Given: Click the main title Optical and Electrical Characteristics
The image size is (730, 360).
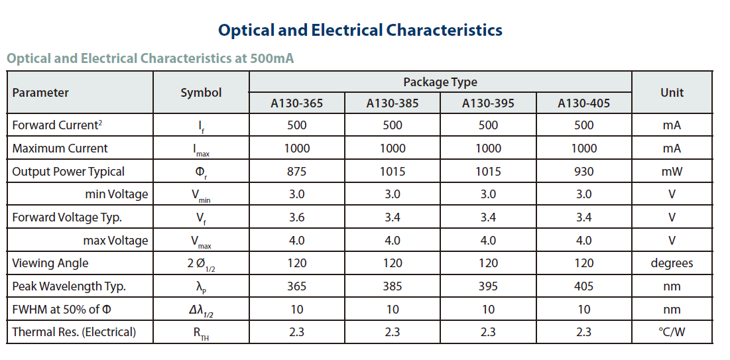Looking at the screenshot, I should pyautogui.click(x=360, y=30).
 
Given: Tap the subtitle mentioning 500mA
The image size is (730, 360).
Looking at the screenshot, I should pyautogui.click(x=150, y=58).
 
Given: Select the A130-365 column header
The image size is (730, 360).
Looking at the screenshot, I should pyautogui.click(x=297, y=103).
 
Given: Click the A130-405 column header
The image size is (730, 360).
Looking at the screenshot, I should pyautogui.click(x=583, y=103).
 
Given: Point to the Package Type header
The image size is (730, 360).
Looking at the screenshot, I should pyautogui.click(x=440, y=82).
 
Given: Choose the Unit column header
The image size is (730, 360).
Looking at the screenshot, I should pyautogui.click(x=672, y=93).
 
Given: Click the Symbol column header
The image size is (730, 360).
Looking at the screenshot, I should pyautogui.click(x=201, y=93).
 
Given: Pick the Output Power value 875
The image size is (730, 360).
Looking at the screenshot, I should pyautogui.click(x=297, y=172).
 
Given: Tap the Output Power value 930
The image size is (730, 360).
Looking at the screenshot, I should pyautogui.click(x=583, y=172).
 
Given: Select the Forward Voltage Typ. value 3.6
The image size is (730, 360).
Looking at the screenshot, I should pyautogui.click(x=297, y=217).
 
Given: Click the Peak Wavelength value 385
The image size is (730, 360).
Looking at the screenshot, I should pyautogui.click(x=393, y=286).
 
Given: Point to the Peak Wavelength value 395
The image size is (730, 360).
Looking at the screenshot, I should pyautogui.click(x=488, y=286).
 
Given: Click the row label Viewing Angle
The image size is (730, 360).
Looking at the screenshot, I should pyautogui.click(x=50, y=263).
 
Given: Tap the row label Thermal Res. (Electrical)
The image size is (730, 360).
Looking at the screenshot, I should pyautogui.click(x=74, y=332).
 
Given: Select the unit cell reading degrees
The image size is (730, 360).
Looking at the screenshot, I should pyautogui.click(x=672, y=263).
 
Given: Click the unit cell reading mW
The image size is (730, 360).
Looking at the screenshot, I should pyautogui.click(x=672, y=172).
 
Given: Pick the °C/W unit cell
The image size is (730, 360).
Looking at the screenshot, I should pyautogui.click(x=672, y=332).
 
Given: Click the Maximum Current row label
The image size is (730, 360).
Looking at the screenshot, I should pyautogui.click(x=60, y=149).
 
